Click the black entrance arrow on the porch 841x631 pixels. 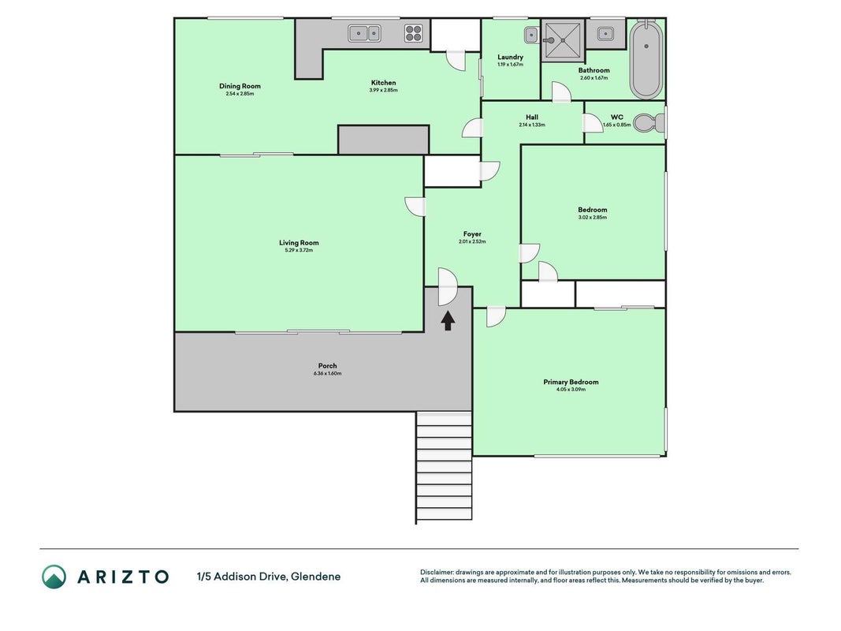(x=448, y=321)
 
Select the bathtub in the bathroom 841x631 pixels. (x=646, y=60)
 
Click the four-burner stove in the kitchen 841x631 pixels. (x=413, y=33)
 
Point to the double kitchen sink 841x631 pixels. (x=365, y=33)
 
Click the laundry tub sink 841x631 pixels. (x=531, y=35)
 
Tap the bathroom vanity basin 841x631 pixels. (x=605, y=34)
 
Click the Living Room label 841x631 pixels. (x=299, y=242)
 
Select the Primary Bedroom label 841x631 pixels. (x=571, y=382)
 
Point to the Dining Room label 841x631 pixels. (x=240, y=86)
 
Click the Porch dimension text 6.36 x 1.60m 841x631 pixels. (x=327, y=373)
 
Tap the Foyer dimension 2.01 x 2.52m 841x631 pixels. (x=472, y=241)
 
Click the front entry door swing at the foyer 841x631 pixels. (x=448, y=286)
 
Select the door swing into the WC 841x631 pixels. (x=594, y=123)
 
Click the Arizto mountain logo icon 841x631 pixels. (x=54, y=577)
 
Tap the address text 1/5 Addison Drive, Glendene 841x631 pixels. (x=269, y=577)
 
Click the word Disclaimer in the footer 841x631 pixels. (x=437, y=572)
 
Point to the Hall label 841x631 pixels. (x=532, y=117)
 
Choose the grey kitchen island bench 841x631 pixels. (x=384, y=140)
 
